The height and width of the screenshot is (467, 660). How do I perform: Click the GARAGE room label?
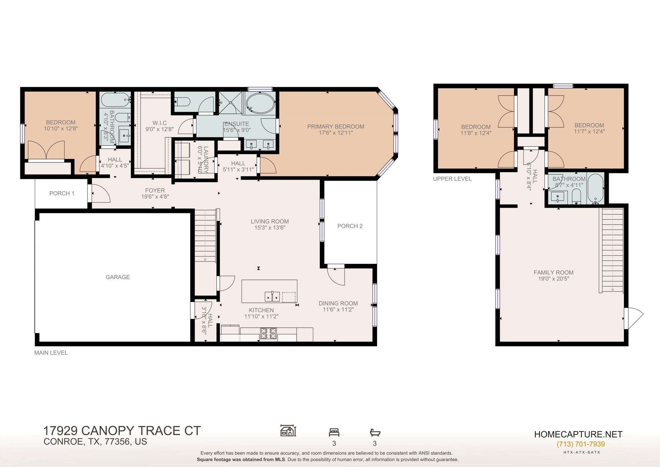(118, 277)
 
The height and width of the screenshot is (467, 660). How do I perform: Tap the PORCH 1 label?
(62, 194)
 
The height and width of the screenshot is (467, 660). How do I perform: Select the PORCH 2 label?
(350, 226)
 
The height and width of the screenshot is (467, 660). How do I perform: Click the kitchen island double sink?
(272, 296)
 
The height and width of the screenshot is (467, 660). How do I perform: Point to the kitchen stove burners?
(268, 333)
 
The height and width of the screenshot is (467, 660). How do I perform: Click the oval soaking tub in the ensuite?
(260, 103)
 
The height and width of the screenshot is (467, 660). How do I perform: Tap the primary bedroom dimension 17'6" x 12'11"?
(335, 133)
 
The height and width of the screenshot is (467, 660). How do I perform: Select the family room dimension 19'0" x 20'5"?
(553, 279)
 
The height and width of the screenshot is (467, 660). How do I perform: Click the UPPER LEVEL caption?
(452, 179)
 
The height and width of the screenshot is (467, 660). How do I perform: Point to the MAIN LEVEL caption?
(51, 353)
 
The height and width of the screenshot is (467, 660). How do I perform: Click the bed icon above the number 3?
(334, 432)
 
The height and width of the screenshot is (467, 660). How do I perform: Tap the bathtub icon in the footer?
(375, 432)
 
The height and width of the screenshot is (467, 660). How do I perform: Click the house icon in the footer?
(288, 431)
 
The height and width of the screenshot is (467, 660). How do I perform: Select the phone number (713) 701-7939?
(581, 444)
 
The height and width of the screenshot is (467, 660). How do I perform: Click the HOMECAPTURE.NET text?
(578, 434)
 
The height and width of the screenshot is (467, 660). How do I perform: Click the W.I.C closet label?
(160, 123)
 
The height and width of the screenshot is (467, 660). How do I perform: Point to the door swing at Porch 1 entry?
(101, 194)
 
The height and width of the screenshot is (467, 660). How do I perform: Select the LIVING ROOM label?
(270, 222)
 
